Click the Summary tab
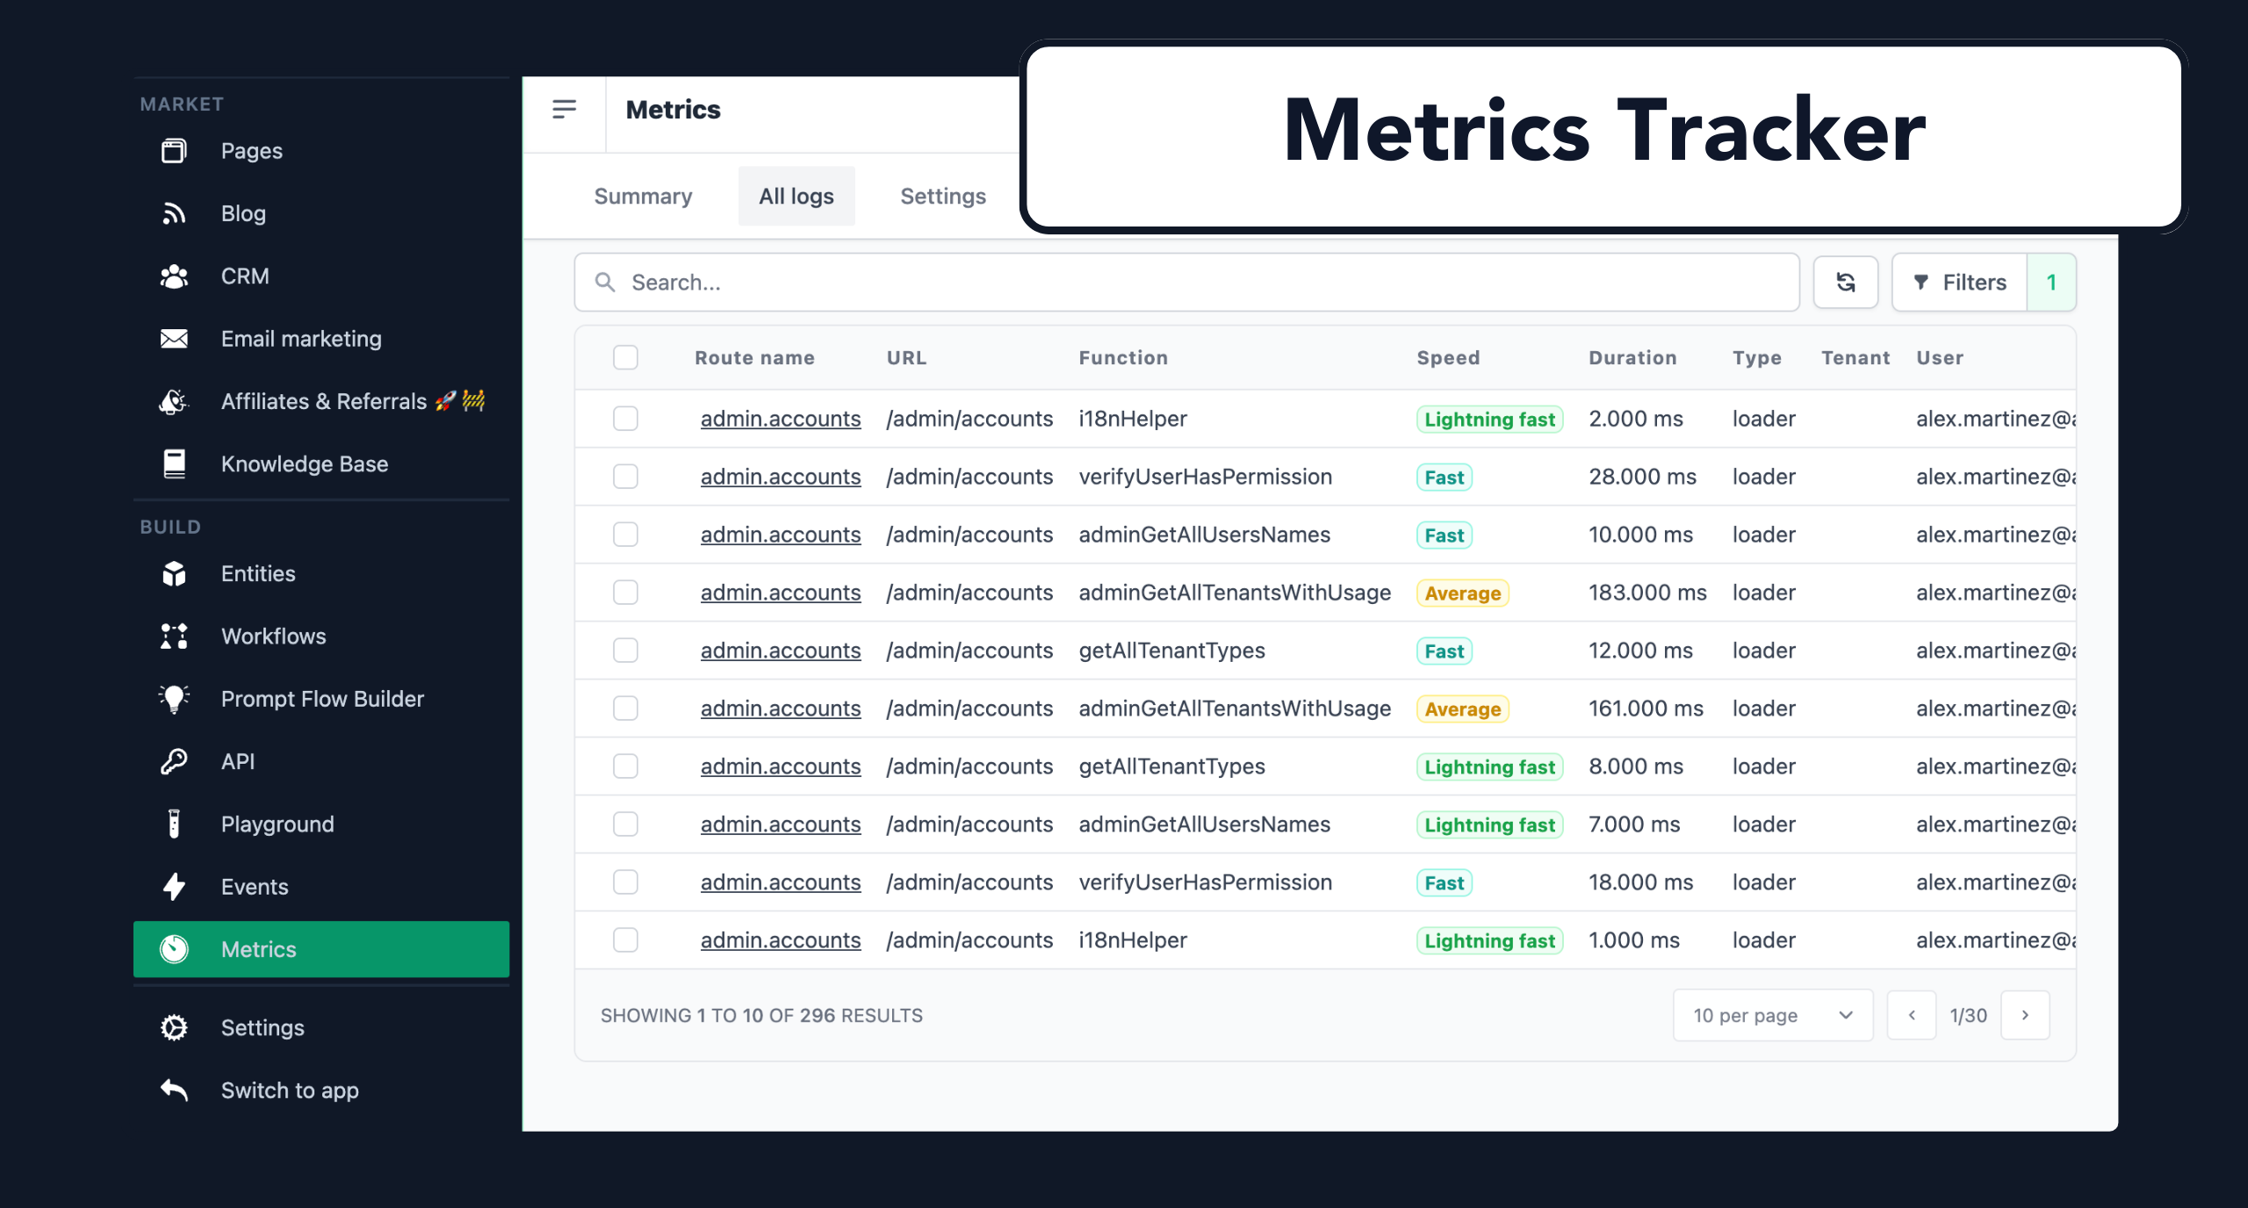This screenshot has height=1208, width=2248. click(x=643, y=196)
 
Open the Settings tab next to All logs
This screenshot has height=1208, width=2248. click(x=942, y=196)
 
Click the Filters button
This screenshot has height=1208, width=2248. click(x=1960, y=283)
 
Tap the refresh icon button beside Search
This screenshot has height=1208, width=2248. click(x=1845, y=283)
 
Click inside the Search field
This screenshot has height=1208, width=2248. click(x=1185, y=283)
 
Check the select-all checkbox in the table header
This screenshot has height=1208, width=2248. click(x=625, y=357)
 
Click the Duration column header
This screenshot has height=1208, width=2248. click(x=1632, y=357)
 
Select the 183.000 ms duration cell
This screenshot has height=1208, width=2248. click(x=1646, y=593)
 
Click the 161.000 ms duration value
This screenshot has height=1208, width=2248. click(x=1645, y=708)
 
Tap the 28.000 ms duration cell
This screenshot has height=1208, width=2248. click(x=1641, y=477)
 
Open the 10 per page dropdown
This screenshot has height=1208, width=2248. click(x=1772, y=1015)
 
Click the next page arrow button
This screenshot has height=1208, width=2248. click(x=2024, y=1015)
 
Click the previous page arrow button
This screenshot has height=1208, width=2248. click(x=1911, y=1015)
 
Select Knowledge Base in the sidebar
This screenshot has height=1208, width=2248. click(x=304, y=464)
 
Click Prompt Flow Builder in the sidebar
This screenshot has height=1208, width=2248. click(x=321, y=699)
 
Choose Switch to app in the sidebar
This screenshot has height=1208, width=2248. click(x=289, y=1090)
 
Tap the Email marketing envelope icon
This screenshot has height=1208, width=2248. click(x=174, y=339)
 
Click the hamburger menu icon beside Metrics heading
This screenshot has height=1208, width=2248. click(x=564, y=110)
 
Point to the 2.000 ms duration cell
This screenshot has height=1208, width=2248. click(x=1635, y=419)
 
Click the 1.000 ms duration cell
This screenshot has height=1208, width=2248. click(x=1633, y=940)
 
